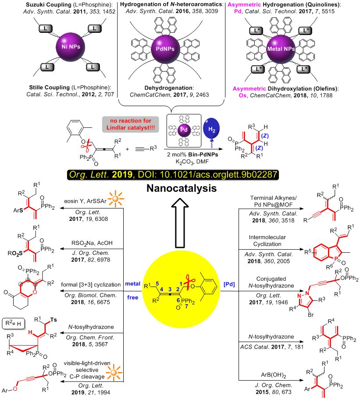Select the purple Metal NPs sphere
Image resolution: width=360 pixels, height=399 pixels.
298,50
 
